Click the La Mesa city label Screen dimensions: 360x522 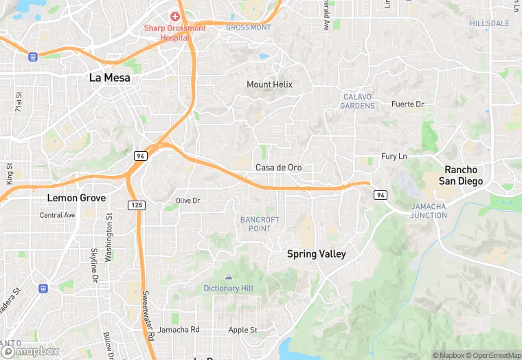click(110, 78)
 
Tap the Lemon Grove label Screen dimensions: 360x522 click(76, 198)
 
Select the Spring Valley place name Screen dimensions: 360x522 click(316, 254)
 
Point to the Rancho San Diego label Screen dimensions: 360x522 click(463, 175)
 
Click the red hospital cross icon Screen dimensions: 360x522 click(175, 16)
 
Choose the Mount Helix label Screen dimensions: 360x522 click(269, 85)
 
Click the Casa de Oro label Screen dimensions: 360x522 click(278, 168)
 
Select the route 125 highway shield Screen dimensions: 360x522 click(136, 205)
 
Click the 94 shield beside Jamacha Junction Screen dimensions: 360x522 click(380, 196)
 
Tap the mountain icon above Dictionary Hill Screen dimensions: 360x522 click(228, 276)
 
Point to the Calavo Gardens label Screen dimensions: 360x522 click(358, 101)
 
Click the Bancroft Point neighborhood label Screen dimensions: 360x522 click(260, 224)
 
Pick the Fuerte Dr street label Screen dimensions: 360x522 click(407, 104)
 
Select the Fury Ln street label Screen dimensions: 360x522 click(394, 157)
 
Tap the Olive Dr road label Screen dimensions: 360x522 click(188, 201)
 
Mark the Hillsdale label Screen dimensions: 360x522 click(490, 23)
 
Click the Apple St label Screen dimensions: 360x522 click(242, 330)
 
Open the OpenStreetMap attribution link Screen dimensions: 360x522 click(495, 355)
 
